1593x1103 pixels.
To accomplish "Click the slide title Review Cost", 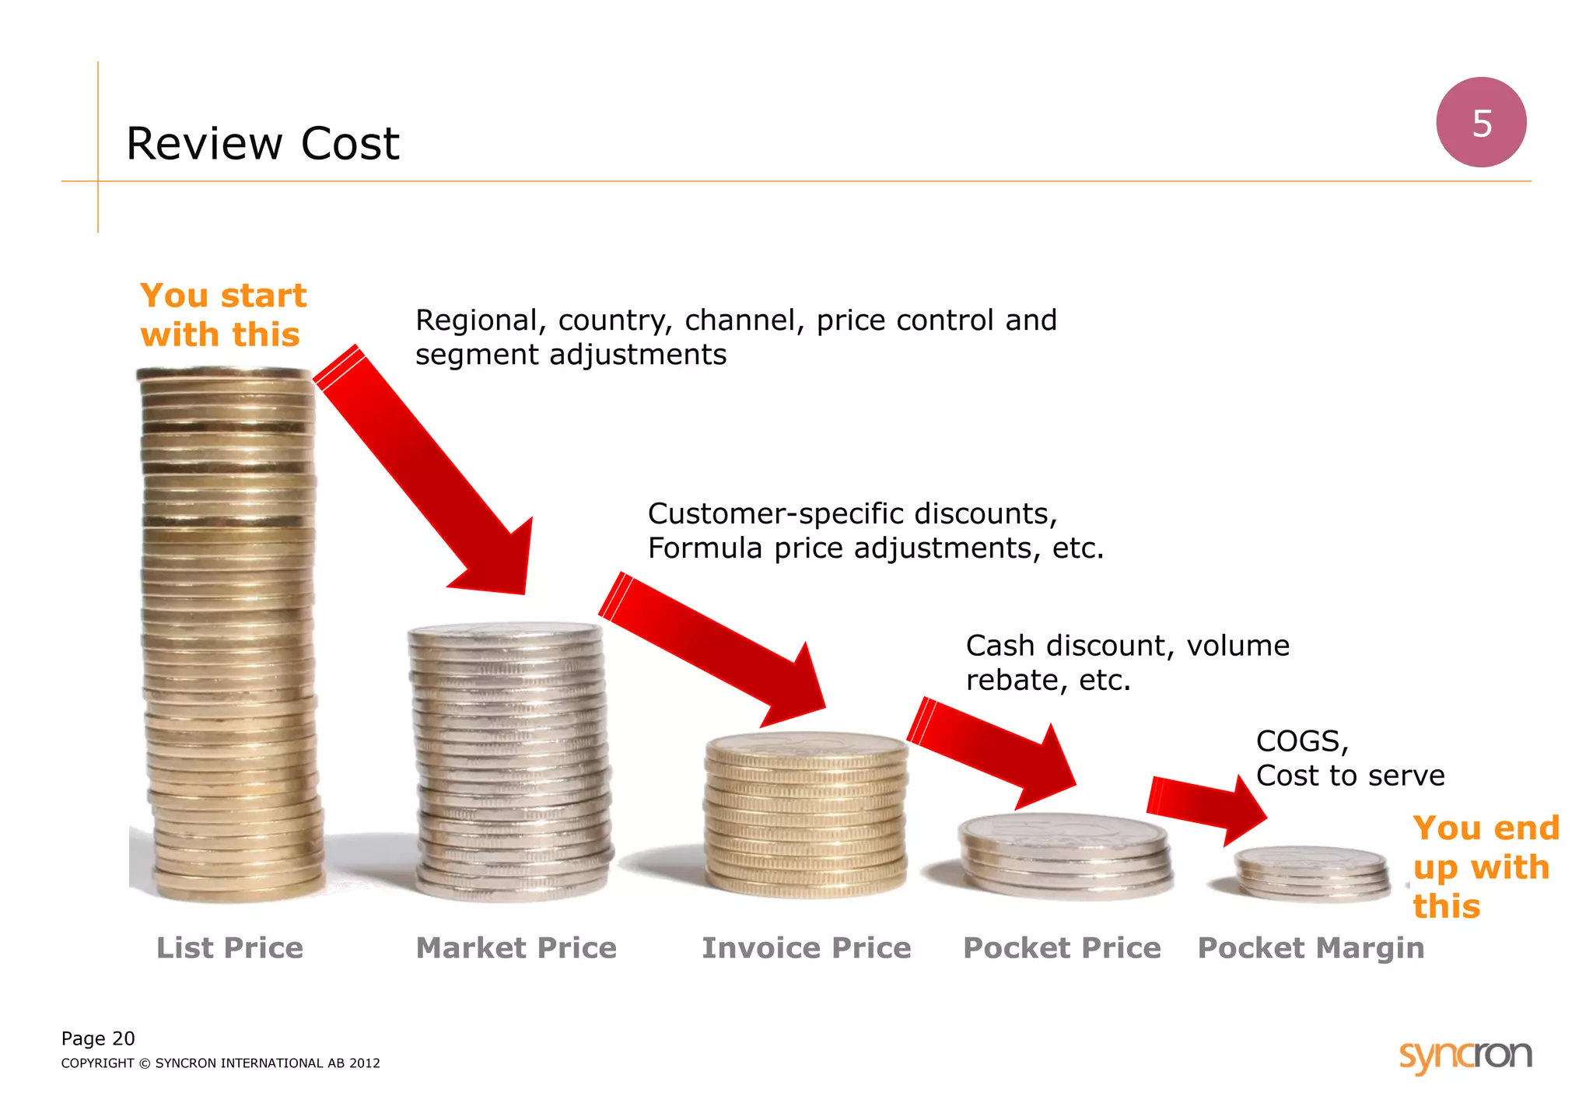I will (x=262, y=144).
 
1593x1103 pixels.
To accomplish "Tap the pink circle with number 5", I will (x=1480, y=122).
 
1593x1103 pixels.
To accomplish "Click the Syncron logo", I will (x=1465, y=1056).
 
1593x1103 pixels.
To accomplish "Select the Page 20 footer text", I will (x=98, y=1038).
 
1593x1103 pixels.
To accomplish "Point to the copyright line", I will (x=220, y=1063).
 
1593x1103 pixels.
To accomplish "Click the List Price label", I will (x=229, y=948).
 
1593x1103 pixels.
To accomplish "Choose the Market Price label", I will (x=516, y=948).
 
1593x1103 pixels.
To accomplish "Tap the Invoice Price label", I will (x=806, y=948).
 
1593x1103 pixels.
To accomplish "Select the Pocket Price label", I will (x=1062, y=948).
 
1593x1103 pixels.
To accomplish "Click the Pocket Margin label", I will (x=1311, y=948).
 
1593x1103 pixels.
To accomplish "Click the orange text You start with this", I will (x=222, y=315).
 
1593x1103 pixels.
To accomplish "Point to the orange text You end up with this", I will (x=1484, y=867).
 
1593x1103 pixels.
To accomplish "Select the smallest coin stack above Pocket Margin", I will (x=1312, y=874).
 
